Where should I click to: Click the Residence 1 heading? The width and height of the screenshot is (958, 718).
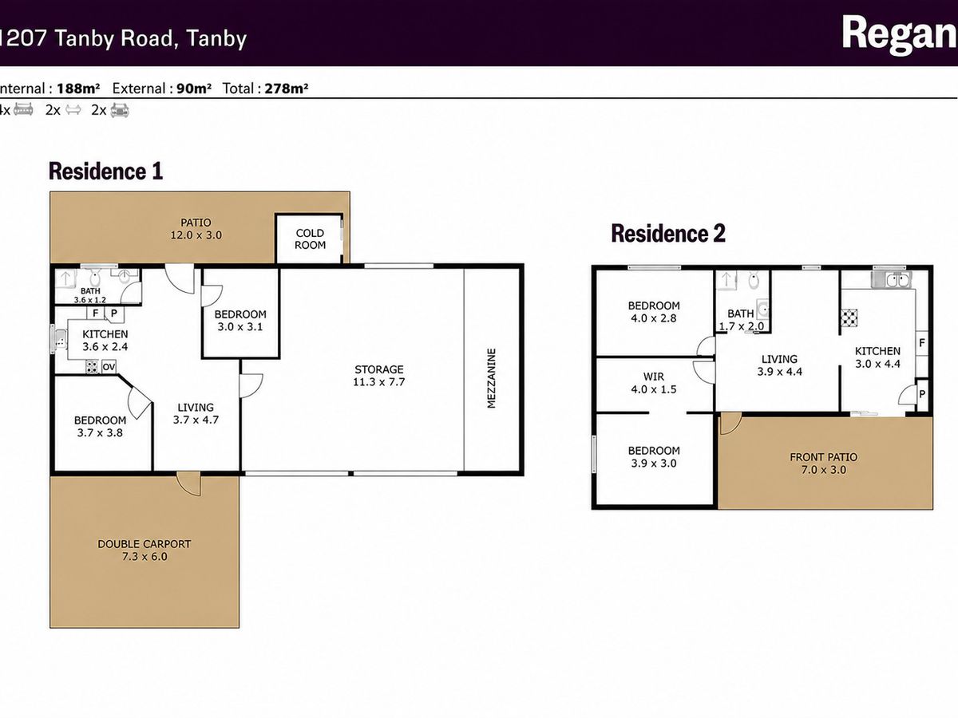pyautogui.click(x=105, y=171)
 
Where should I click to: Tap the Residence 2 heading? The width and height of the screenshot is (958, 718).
pyautogui.click(x=667, y=233)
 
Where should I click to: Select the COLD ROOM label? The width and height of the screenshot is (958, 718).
pyautogui.click(x=310, y=239)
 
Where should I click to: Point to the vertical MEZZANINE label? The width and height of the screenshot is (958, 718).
pyautogui.click(x=492, y=378)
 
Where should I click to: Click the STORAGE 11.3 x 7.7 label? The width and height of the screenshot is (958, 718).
pyautogui.click(x=379, y=375)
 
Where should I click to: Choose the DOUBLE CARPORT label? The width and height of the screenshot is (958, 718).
pyautogui.click(x=144, y=543)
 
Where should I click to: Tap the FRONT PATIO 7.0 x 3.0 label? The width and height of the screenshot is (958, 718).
pyautogui.click(x=824, y=464)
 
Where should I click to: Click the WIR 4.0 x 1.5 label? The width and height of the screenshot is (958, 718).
pyautogui.click(x=653, y=383)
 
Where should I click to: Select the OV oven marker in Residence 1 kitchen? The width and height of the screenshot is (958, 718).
pyautogui.click(x=109, y=367)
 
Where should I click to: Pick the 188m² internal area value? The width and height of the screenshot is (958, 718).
pyautogui.click(x=78, y=89)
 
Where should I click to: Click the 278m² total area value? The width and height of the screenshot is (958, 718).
pyautogui.click(x=287, y=89)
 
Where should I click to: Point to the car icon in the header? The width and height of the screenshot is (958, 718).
pyautogui.click(x=120, y=110)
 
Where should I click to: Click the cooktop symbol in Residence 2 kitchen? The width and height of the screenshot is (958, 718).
pyautogui.click(x=849, y=318)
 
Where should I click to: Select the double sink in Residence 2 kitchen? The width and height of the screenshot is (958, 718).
pyautogui.click(x=891, y=279)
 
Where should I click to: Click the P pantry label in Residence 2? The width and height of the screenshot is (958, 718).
pyautogui.click(x=922, y=394)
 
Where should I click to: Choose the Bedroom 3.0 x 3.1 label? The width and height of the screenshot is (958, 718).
pyautogui.click(x=240, y=321)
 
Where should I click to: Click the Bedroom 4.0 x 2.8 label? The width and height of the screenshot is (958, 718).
pyautogui.click(x=653, y=312)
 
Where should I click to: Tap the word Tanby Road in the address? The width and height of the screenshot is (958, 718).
pyautogui.click(x=114, y=38)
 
